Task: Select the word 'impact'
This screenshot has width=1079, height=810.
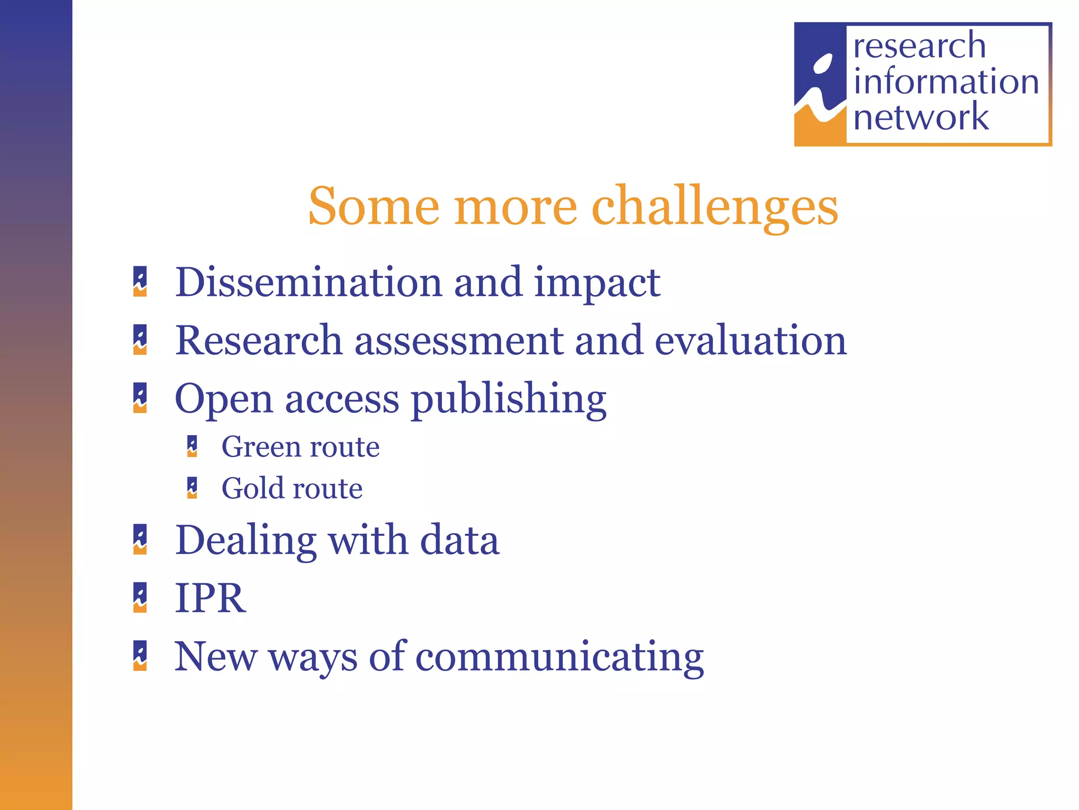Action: [x=597, y=283]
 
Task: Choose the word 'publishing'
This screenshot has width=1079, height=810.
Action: [x=508, y=399]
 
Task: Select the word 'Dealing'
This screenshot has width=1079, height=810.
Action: [x=246, y=540]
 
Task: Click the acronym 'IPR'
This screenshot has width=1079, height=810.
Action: [x=210, y=598]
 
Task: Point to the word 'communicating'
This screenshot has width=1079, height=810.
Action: [x=559, y=657]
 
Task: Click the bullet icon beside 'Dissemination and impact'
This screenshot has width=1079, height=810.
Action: [x=140, y=282]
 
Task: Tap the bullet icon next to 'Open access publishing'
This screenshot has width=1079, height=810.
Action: [x=140, y=398]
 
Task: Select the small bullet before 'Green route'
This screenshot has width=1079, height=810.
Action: [x=192, y=446]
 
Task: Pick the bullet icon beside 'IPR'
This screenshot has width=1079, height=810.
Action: [x=140, y=597]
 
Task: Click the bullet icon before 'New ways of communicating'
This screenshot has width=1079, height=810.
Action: [x=140, y=655]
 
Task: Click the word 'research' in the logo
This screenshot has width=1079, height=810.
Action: [x=919, y=46]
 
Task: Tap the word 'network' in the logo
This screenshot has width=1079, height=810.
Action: [x=921, y=117]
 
